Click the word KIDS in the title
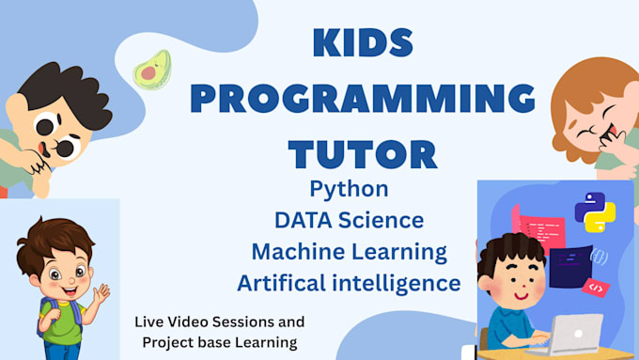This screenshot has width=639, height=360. click(363, 43)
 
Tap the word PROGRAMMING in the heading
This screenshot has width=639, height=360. click(363, 99)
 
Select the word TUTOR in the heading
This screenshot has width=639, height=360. click(363, 154)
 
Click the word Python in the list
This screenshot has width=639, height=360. click(350, 190)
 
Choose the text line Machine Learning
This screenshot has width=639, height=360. click(350, 252)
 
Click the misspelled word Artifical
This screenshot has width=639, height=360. click(282, 283)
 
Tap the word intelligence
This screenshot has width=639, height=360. click(397, 284)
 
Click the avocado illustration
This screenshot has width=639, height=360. click(153, 70)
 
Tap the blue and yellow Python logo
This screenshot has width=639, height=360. click(595, 212)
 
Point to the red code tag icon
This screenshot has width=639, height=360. click(596, 288)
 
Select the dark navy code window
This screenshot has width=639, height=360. click(570, 267)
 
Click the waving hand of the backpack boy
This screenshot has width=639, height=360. click(101, 294)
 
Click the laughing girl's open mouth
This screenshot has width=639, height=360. click(612, 133)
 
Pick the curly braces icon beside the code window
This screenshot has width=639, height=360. click(600, 257)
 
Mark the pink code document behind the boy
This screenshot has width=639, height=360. click(538, 228)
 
